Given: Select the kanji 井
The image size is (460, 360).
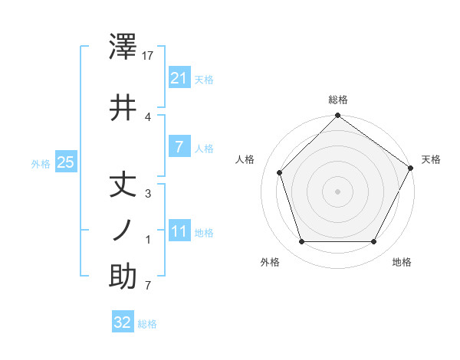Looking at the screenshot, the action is (123, 106).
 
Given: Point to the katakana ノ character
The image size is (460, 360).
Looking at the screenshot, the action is (123, 231).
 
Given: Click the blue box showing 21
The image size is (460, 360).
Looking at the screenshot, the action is (179, 77).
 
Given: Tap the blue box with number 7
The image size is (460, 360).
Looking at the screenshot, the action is (179, 146).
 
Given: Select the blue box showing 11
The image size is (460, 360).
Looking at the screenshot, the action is (179, 231).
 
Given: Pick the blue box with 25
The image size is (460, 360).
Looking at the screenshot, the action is (66, 162).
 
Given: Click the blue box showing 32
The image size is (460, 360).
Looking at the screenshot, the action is (123, 322).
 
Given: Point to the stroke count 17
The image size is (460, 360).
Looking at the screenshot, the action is (149, 56).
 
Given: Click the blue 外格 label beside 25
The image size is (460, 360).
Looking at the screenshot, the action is (40, 163).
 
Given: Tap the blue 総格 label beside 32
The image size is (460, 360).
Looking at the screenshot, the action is (147, 324).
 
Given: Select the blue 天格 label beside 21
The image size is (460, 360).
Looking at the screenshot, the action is (204, 79).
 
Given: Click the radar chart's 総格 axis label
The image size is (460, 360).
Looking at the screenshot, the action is (338, 100).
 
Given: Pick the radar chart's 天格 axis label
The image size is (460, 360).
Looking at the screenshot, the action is (431, 159).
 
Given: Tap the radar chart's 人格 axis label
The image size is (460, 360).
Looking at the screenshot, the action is (245, 159).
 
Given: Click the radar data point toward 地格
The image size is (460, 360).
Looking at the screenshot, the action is (374, 242).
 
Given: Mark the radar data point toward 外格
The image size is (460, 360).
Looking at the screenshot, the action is (301, 242).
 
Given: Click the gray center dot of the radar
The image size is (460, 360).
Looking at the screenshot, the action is (337, 191).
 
